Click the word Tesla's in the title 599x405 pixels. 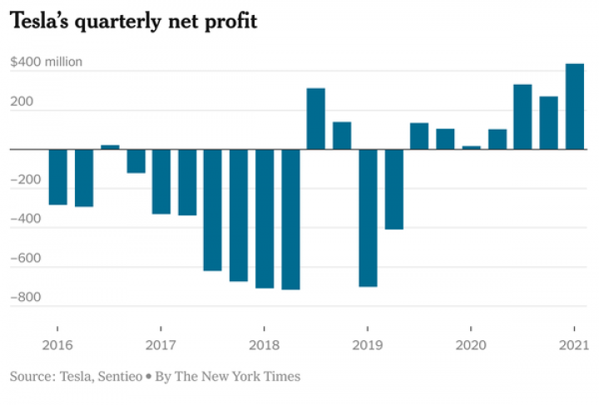[39, 22]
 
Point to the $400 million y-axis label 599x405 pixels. [46, 62]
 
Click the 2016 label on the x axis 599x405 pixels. [57, 345]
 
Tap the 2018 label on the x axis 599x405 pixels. [264, 345]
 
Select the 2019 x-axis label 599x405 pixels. [368, 345]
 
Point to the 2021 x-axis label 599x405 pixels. [574, 345]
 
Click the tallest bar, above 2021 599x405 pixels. [575, 106]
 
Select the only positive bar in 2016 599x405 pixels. [110, 147]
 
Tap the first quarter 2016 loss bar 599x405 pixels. [57, 176]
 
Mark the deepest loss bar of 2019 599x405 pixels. [368, 218]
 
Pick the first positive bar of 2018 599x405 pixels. [316, 119]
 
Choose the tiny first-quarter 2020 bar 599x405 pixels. [471, 148]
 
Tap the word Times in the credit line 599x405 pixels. [283, 377]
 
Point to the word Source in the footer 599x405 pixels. [30, 377]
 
